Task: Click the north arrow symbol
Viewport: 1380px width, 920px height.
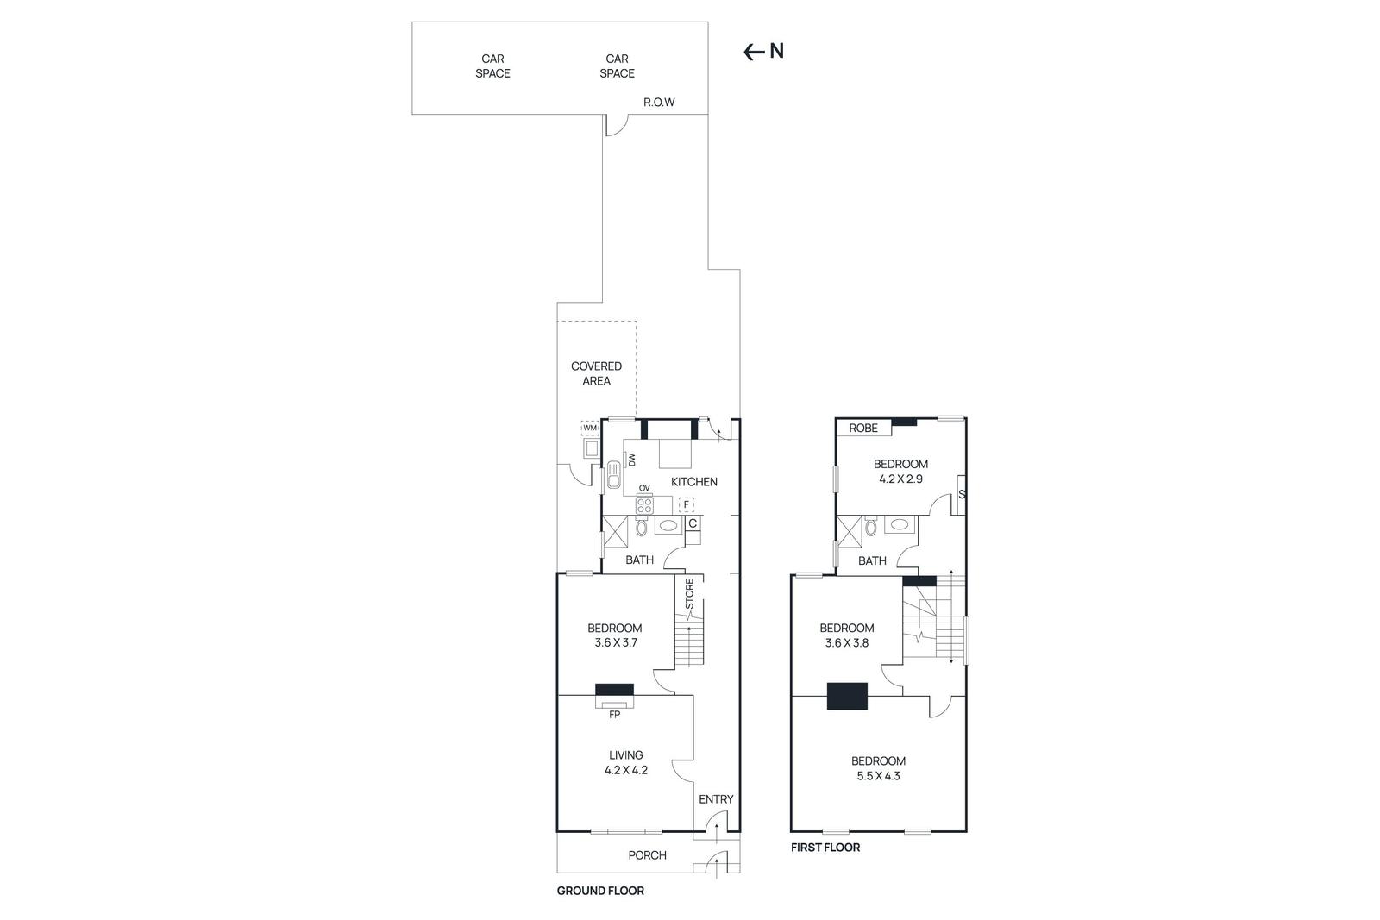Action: [755, 52]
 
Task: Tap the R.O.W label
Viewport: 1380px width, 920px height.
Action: [659, 103]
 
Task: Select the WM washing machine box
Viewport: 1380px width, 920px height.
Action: [590, 429]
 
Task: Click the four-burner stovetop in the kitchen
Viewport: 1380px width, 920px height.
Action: [644, 505]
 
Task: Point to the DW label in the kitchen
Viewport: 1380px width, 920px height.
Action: [631, 460]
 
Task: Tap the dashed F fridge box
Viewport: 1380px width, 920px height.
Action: [687, 505]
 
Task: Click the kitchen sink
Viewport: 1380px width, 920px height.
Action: [614, 476]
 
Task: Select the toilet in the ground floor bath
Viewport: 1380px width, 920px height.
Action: [642, 527]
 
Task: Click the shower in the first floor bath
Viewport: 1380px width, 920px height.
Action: [850, 531]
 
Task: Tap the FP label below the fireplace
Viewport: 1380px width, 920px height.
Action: [615, 715]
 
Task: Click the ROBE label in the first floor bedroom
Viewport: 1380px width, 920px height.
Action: [863, 429]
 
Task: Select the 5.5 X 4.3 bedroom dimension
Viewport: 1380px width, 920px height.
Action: [878, 776]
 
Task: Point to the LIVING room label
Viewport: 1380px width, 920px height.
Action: [626, 755]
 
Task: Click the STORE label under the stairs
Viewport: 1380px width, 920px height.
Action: [689, 595]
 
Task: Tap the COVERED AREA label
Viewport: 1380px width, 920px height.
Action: [596, 373]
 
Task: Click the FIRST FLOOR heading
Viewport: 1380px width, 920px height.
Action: [825, 848]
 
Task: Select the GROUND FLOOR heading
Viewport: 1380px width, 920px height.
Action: [600, 891]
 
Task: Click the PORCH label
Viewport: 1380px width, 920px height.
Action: [647, 855]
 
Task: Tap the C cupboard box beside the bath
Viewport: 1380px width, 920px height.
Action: [693, 523]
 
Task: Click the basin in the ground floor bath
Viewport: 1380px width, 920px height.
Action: [668, 525]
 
